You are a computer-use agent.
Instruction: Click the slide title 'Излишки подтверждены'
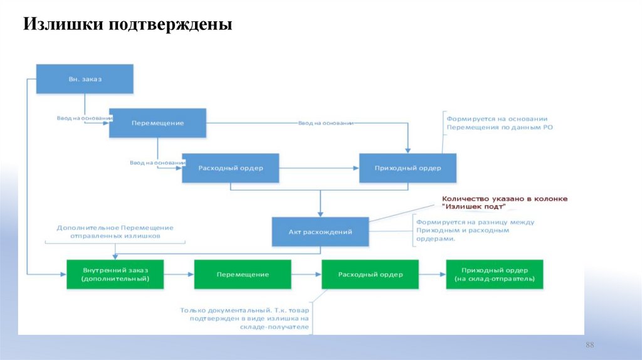pyautogui.click(x=128, y=25)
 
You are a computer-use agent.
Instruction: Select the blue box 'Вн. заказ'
pyautogui.click(x=85, y=79)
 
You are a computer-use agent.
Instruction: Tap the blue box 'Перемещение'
pyautogui.click(x=157, y=123)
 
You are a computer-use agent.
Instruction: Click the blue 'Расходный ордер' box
pyautogui.click(x=230, y=168)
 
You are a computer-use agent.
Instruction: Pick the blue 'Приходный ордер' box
pyautogui.click(x=408, y=168)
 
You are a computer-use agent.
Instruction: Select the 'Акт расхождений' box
pyautogui.click(x=320, y=231)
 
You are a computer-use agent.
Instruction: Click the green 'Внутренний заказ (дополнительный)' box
pyautogui.click(x=115, y=274)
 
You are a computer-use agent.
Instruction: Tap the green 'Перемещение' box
pyautogui.click(x=243, y=275)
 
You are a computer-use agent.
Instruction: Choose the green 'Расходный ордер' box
pyautogui.click(x=370, y=275)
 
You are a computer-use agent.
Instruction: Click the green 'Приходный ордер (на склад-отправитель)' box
pyautogui.click(x=494, y=274)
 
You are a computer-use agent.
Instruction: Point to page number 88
pyautogui.click(x=589, y=347)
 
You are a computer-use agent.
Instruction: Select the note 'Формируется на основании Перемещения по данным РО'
pyautogui.click(x=499, y=122)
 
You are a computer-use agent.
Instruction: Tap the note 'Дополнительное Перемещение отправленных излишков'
pyautogui.click(x=115, y=232)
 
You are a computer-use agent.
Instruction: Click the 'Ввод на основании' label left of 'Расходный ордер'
pyautogui.click(x=157, y=162)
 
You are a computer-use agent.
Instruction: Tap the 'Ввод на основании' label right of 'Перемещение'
pyautogui.click(x=325, y=123)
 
